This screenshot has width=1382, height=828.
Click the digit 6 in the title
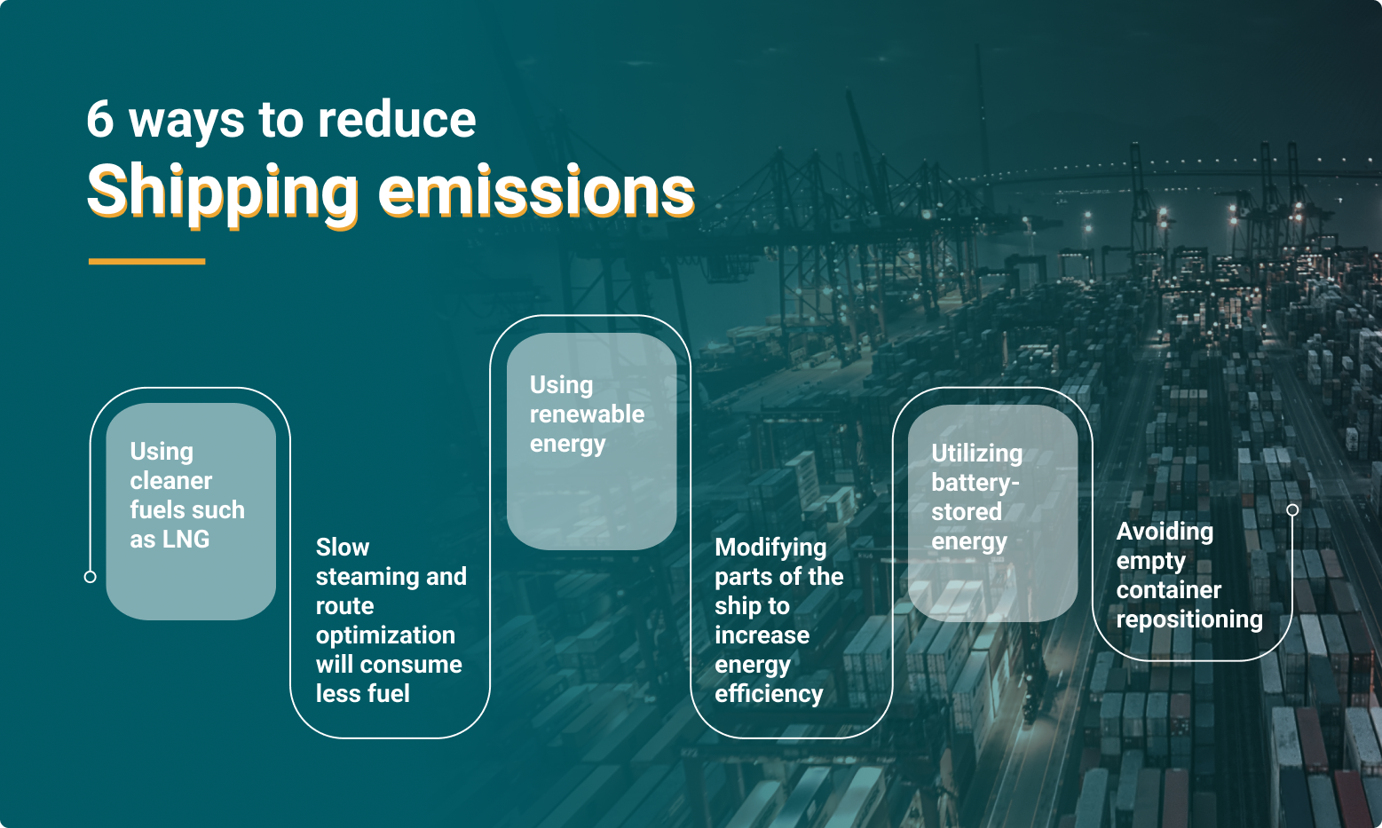point(100,119)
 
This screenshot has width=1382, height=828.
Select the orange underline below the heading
point(146,262)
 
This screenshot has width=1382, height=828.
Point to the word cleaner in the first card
point(171,481)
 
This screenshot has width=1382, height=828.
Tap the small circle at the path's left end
point(90,577)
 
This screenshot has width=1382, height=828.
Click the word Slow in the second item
point(343,548)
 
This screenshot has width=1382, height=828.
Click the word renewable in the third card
point(587,414)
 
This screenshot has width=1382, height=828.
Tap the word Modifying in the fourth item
point(770,548)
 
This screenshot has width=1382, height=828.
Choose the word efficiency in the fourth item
point(769,694)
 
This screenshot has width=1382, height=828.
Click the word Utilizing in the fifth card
point(976,454)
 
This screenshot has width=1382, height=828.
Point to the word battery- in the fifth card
point(975,483)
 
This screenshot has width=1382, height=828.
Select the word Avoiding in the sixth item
point(1165,532)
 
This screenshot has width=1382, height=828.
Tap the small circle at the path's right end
point(1292,509)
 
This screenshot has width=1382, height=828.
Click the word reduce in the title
point(397,119)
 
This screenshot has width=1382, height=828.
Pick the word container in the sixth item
point(1168,590)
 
